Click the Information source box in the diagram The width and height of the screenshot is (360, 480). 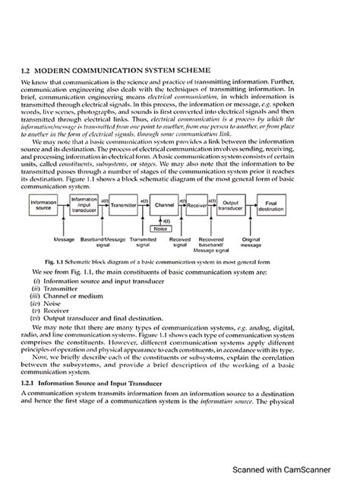43,205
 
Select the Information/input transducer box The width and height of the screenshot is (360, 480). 84,204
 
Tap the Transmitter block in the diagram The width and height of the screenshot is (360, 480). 123,205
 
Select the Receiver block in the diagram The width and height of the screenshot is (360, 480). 197,205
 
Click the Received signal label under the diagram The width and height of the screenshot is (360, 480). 179,242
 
